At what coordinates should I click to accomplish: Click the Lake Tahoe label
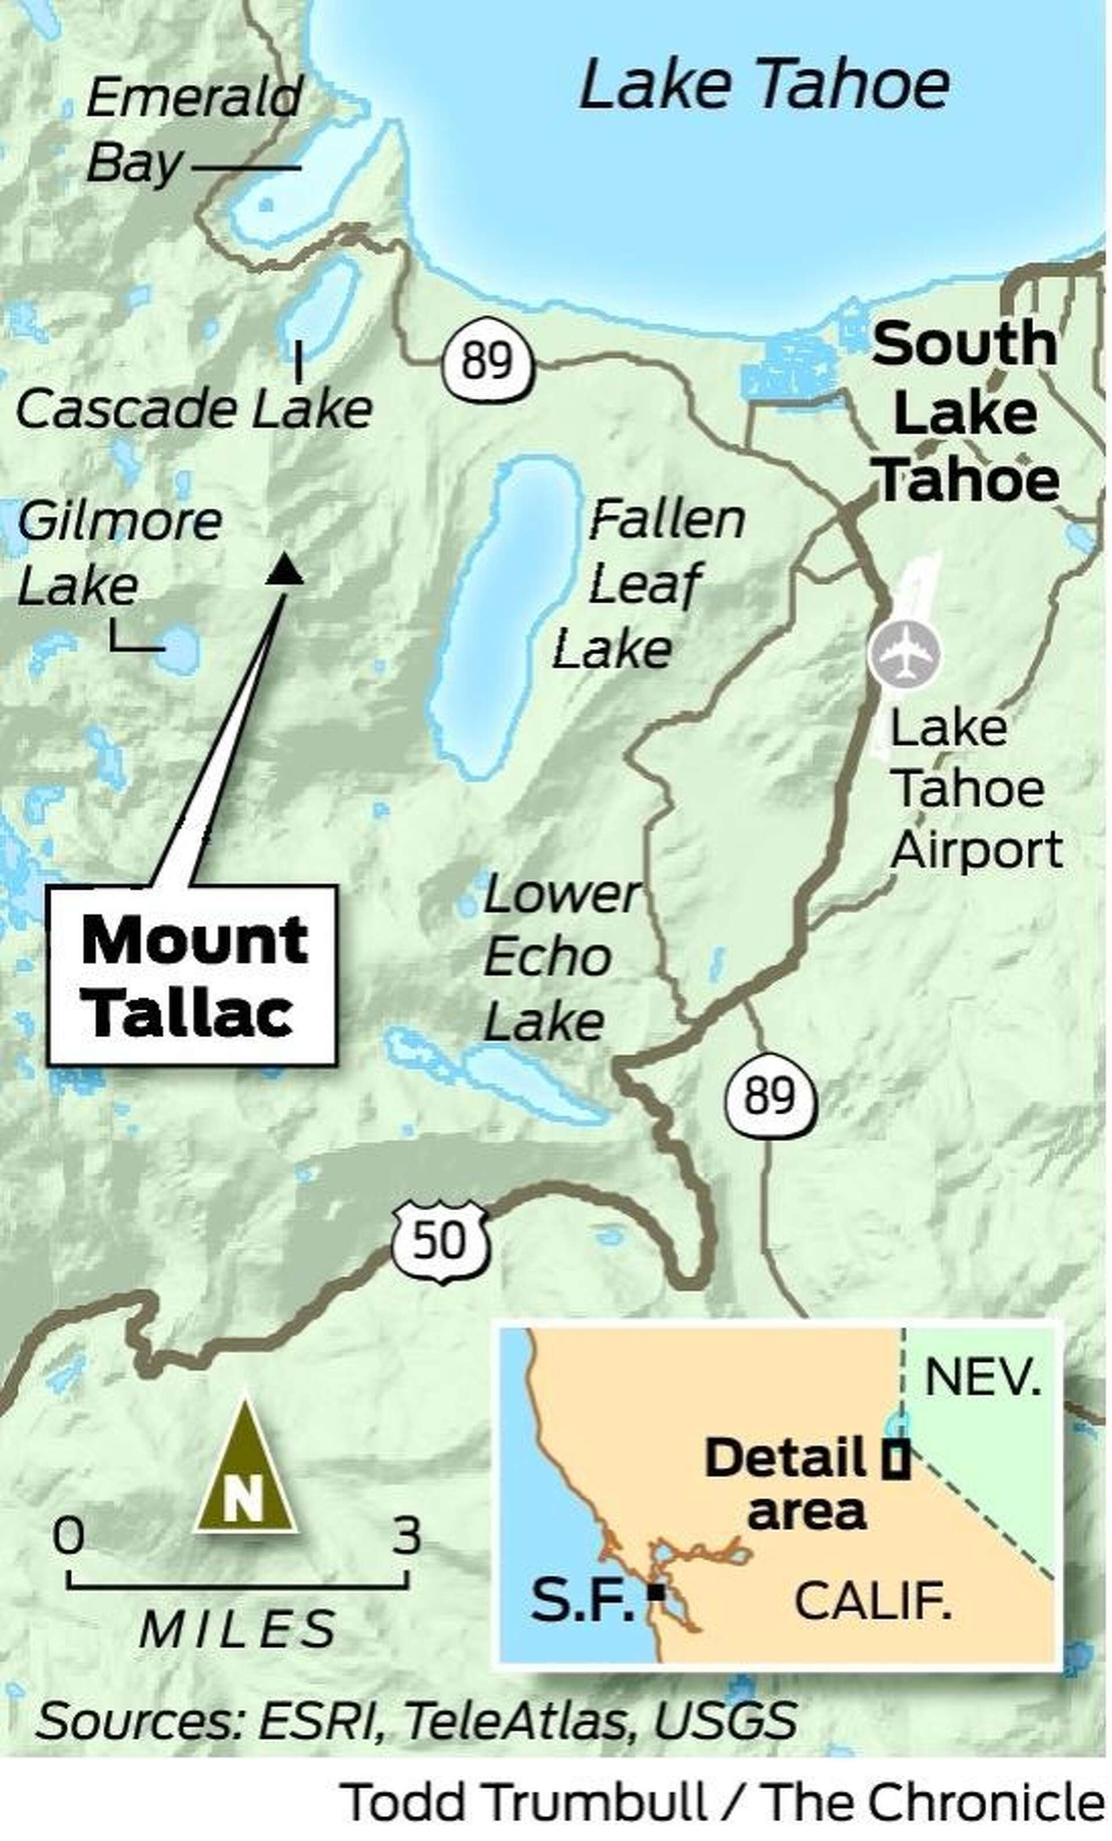click(x=764, y=85)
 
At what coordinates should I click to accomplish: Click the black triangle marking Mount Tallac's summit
click(x=285, y=569)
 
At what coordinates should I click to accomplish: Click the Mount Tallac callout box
click(x=192, y=975)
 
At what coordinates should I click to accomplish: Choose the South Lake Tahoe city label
click(x=965, y=412)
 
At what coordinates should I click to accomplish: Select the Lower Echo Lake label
click(x=559, y=958)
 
